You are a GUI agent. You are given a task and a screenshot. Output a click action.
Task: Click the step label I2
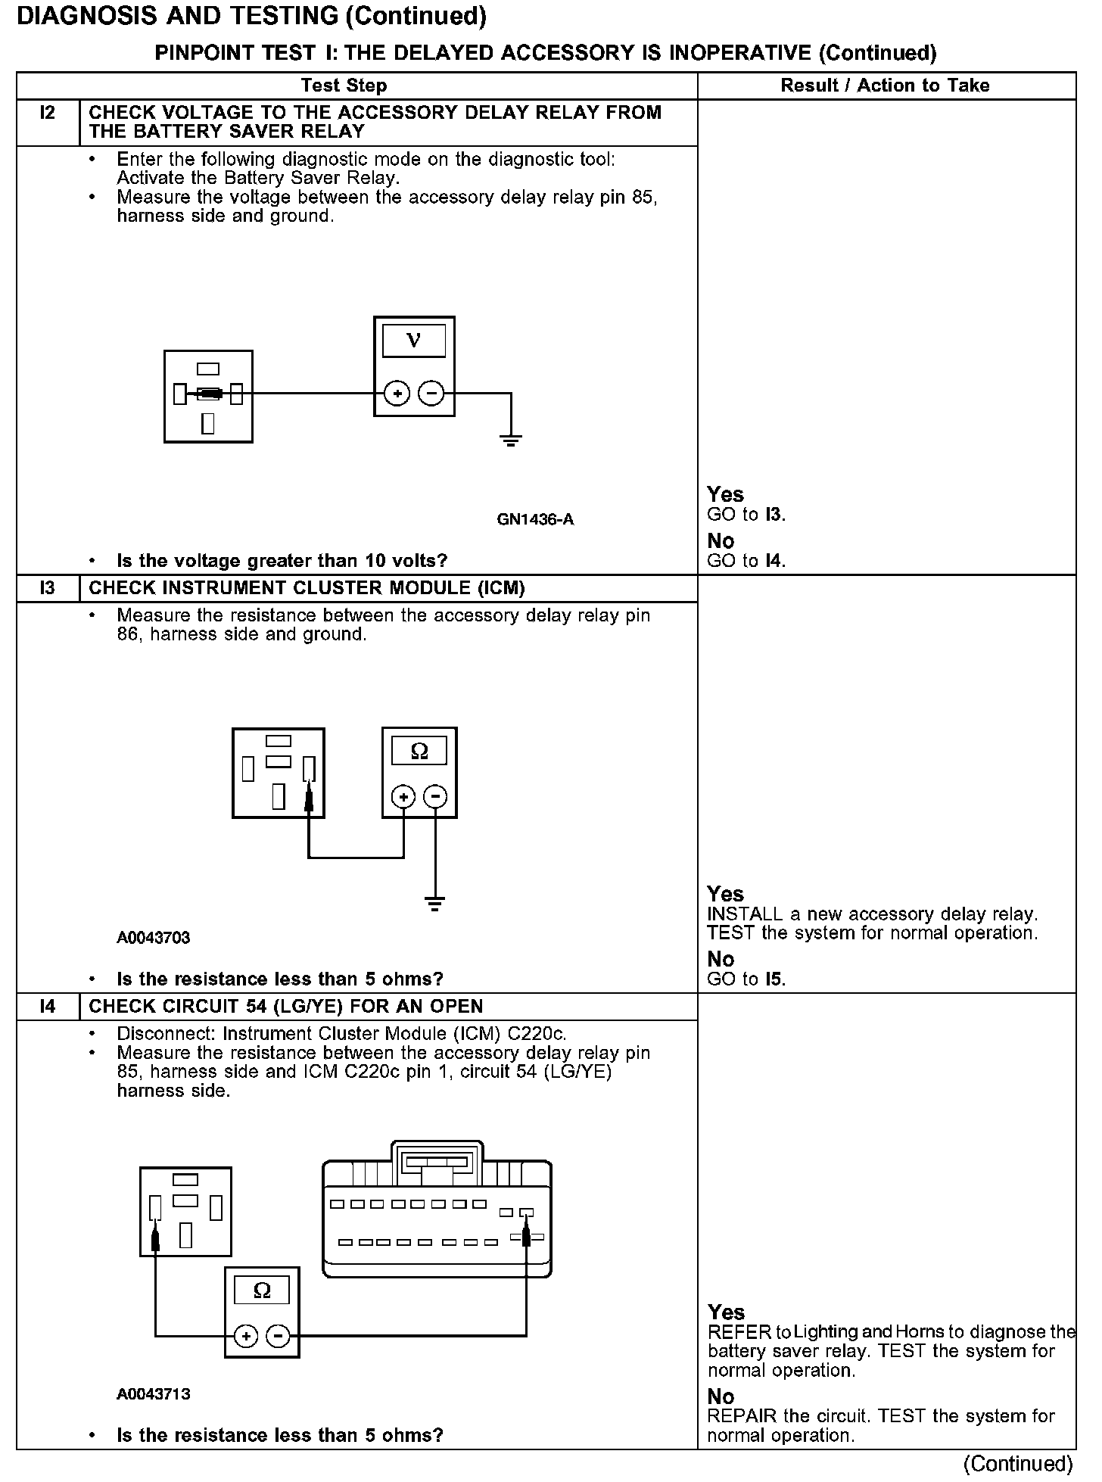[x=47, y=114]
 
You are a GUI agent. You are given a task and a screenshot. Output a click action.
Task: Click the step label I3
[x=47, y=588]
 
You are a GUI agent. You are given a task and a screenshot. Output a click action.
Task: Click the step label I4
[x=47, y=1007]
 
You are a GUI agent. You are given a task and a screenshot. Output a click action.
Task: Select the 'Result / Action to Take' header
[x=885, y=86]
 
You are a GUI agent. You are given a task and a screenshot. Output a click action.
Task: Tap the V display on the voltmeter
[x=413, y=341]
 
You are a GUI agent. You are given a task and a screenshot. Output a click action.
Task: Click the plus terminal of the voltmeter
[x=397, y=394]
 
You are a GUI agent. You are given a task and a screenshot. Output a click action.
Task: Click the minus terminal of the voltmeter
[x=431, y=394]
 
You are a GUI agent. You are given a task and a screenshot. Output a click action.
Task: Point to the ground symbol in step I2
[x=511, y=440]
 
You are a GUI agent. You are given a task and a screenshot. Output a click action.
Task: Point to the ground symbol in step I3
[x=434, y=903]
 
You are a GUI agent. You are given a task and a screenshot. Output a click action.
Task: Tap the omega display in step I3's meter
[x=419, y=752]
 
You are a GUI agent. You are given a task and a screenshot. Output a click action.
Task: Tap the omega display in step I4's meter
[x=262, y=1291]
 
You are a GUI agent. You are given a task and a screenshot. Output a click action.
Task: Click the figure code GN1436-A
[x=535, y=519]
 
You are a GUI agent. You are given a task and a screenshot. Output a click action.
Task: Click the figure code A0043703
[x=153, y=938]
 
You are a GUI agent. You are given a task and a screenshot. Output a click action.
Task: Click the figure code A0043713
[x=153, y=1394]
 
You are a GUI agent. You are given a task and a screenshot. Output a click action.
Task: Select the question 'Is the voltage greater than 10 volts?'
[x=282, y=561]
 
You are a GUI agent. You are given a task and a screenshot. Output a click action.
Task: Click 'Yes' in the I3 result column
[x=725, y=894]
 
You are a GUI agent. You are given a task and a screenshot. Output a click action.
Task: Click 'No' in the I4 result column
[x=721, y=1396]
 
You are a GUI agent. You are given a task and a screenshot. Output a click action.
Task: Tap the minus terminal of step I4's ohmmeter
[x=279, y=1337]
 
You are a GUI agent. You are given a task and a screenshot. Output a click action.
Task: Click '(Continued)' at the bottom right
[x=1018, y=1464]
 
